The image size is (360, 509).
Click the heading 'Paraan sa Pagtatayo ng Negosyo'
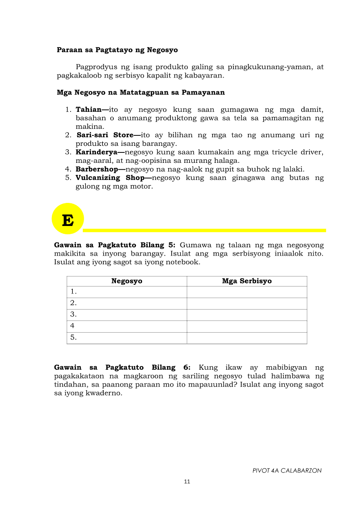[117, 50]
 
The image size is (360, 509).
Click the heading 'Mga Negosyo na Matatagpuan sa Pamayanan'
[141, 92]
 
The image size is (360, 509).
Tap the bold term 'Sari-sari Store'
[105, 135]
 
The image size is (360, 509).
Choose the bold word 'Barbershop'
[99, 169]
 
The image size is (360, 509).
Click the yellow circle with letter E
[68, 219]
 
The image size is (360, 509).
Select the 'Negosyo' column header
[127, 281]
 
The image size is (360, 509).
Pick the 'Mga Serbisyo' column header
[247, 281]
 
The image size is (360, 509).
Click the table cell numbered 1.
[127, 292]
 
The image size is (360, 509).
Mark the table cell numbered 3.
[127, 314]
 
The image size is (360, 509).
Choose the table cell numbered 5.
[127, 337]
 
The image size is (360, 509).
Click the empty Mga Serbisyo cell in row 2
[247, 303]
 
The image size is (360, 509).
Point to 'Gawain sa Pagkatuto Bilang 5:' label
[115, 245]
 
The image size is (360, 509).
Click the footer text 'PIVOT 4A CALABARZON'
[287, 471]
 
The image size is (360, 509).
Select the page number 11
[187, 482]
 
